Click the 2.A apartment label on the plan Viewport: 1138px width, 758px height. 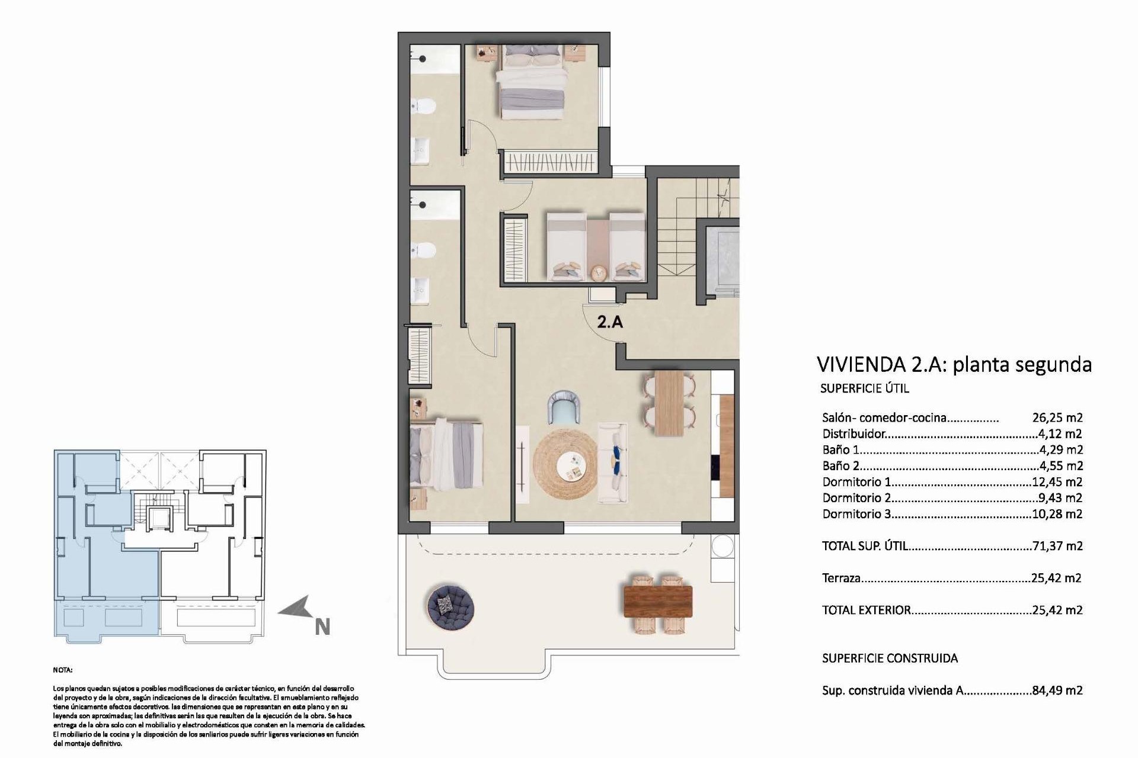point(610,322)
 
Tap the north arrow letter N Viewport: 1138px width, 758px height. point(322,627)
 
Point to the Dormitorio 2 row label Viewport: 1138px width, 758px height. point(856,498)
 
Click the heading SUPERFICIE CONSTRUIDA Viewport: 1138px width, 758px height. point(890,658)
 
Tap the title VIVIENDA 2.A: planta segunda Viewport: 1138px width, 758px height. point(954,364)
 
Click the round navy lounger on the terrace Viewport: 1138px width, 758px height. point(450,606)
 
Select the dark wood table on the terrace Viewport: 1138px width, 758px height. point(658,601)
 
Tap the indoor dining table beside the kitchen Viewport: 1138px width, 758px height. point(669,403)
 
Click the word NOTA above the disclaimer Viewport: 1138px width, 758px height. point(62,670)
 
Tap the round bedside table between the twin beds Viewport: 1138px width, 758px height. point(599,273)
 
